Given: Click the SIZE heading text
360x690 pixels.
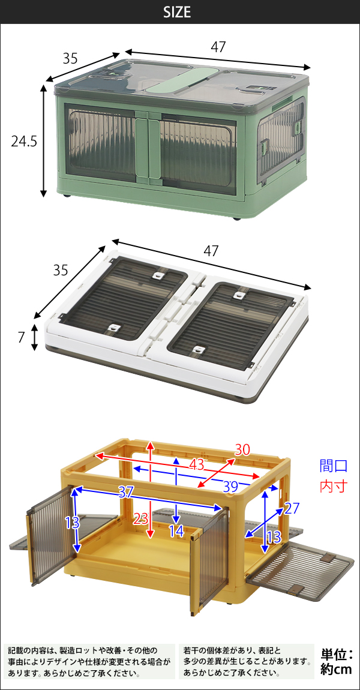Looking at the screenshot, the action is [177, 13].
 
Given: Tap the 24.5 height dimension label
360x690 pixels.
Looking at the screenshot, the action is [24, 141].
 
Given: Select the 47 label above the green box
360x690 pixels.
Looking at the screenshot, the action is [218, 47].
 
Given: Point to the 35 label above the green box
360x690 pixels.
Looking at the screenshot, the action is [70, 59].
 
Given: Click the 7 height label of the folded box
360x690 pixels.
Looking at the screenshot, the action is [20, 338].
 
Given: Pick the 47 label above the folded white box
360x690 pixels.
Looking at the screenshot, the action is [211, 251].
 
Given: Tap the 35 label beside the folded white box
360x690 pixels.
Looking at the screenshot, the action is [61, 270].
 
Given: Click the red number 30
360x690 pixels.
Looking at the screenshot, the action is [242, 450].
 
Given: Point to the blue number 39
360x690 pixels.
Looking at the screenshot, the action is [230, 487].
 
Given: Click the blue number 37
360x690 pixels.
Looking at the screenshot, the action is [127, 493].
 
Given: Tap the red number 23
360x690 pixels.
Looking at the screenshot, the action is [140, 519].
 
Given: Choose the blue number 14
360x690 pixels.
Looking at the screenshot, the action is [176, 531].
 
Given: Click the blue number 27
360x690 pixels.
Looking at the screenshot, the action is [292, 508].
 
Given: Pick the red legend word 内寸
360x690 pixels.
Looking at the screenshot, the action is [334, 486].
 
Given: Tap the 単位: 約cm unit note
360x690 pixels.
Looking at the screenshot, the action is [337, 661].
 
